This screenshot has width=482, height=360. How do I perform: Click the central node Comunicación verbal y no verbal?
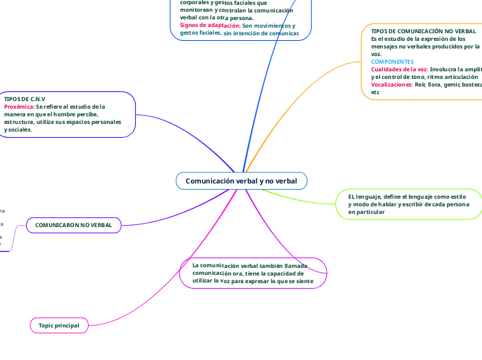(x=241, y=181)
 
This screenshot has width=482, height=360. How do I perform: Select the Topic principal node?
(x=59, y=325)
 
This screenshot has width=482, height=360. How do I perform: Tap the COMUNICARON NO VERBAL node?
(x=73, y=225)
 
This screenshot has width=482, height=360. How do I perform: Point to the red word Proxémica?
(x=19, y=107)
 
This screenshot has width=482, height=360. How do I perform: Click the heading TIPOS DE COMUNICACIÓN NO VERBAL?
(x=423, y=32)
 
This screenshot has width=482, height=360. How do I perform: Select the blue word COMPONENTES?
(x=393, y=62)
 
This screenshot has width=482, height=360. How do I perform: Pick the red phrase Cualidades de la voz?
(x=400, y=69)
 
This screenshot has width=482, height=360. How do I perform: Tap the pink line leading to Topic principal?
(x=166, y=277)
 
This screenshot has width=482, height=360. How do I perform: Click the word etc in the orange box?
(x=375, y=92)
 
